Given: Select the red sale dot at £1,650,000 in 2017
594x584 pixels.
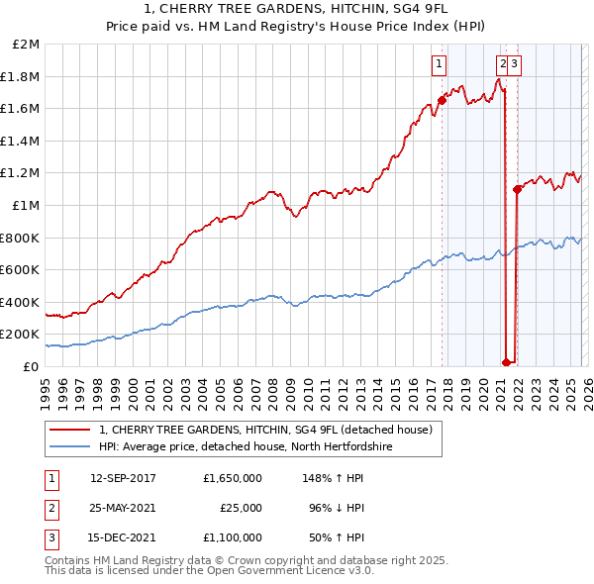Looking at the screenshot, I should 442,100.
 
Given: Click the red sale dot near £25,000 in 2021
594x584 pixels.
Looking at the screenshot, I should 506,362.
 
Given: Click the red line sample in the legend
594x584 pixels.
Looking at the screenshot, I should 70,430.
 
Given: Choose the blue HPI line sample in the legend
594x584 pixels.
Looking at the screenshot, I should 70,447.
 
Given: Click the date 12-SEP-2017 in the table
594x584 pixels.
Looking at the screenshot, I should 123,478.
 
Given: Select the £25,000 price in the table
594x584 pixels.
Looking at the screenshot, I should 241,508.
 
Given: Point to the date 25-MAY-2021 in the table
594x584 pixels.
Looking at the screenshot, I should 123,508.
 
